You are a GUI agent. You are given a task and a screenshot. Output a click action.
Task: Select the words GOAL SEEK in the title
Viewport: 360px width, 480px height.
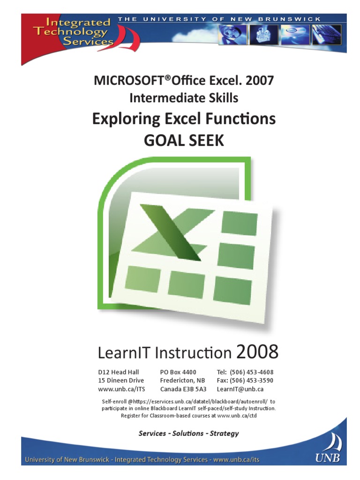(184, 140)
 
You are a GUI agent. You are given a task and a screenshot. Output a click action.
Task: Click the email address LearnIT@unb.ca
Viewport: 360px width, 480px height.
(240, 389)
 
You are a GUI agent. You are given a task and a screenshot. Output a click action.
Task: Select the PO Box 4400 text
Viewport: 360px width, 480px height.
(178, 372)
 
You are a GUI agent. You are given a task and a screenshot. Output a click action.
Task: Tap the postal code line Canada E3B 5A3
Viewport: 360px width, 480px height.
(183, 389)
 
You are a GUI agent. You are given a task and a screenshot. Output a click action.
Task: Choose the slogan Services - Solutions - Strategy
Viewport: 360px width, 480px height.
(188, 433)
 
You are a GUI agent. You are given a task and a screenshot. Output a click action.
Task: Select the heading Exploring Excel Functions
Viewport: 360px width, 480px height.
(184, 119)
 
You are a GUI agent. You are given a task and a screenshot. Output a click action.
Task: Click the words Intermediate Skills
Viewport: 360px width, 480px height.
(184, 98)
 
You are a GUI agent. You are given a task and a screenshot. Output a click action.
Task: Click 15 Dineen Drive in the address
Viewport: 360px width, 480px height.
(121, 380)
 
